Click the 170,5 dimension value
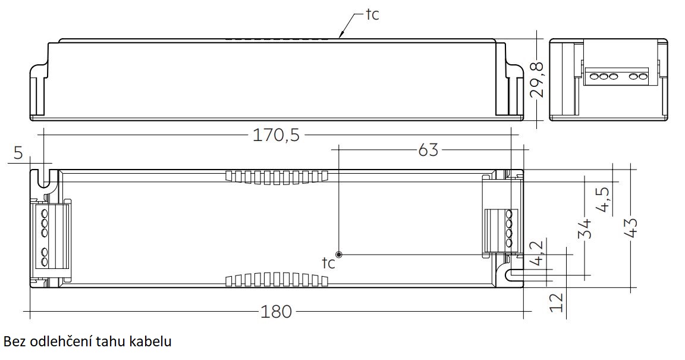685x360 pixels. coord(276,136)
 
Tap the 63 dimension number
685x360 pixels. coord(428,149)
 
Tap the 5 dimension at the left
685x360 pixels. coord(18,153)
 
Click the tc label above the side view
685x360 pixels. coord(372,14)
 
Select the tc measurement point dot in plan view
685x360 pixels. coord(338,253)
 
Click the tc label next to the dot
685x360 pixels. coord(328,263)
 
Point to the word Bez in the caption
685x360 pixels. coord(14,342)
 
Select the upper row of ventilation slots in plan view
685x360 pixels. coord(276,176)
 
